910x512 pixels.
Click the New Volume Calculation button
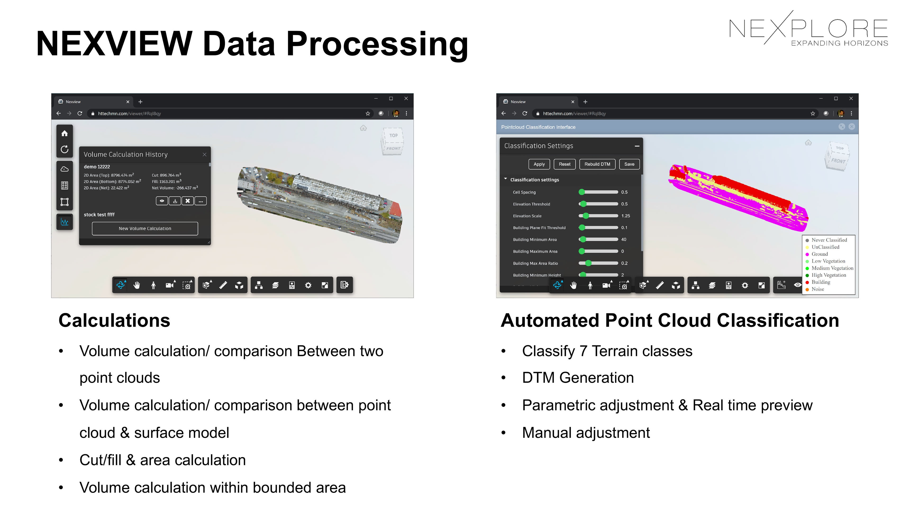145,229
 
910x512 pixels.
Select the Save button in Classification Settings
629,164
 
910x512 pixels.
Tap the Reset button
564,164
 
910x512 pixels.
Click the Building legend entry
821,282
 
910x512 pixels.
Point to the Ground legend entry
819,254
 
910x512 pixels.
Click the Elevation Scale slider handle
586,216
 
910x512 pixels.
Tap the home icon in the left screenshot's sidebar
64,133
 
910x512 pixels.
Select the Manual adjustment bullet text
586,433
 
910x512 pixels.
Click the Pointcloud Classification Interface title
538,127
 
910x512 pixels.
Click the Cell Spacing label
524,192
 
